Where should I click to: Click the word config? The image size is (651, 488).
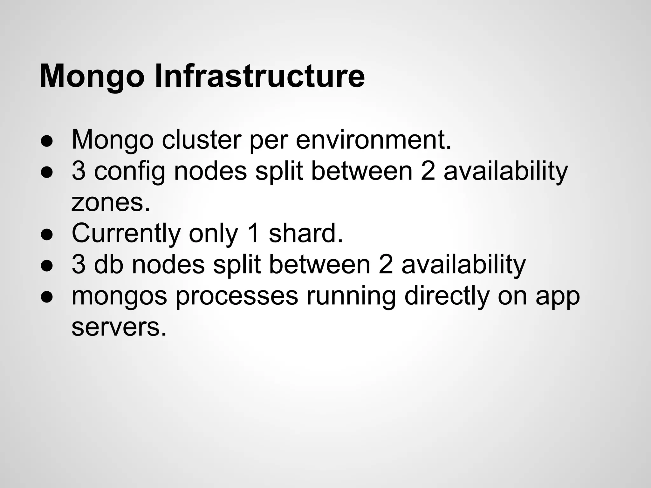tap(130, 172)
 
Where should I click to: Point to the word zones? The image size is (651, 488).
tap(110, 202)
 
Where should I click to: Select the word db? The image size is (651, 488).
tap(108, 265)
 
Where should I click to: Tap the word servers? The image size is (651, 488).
tap(119, 327)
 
